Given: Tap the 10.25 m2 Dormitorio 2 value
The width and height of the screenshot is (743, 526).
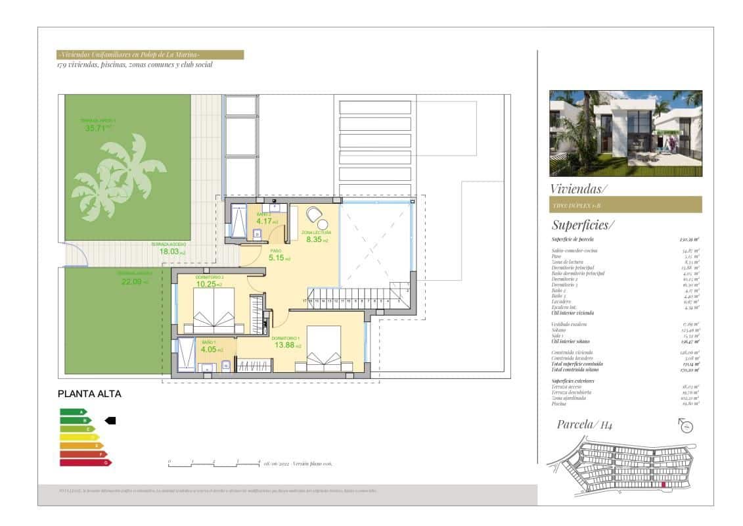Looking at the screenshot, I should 209,284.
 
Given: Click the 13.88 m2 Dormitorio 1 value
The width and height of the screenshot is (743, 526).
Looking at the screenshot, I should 288,345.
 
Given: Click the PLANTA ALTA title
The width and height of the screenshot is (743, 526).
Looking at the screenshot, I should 90,394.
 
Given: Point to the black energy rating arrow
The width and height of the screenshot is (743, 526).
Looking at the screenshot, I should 110,420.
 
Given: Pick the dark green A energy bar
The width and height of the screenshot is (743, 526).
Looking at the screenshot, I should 73,412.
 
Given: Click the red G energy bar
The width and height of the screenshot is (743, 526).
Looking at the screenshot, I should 85,463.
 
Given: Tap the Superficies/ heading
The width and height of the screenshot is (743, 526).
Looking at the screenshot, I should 583,224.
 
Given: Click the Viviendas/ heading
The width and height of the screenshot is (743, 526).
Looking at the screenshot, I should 579,189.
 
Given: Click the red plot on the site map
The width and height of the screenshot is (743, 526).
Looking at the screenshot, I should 664,485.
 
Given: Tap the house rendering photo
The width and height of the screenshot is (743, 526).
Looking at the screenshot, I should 625,133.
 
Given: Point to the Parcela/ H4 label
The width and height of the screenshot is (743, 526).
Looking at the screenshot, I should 585,425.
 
